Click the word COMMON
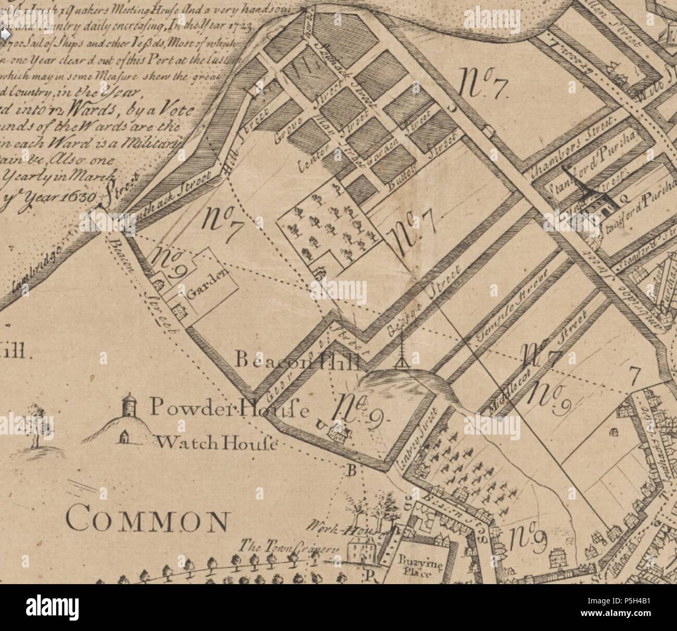[x=148, y=521]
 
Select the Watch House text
[x=218, y=443]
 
